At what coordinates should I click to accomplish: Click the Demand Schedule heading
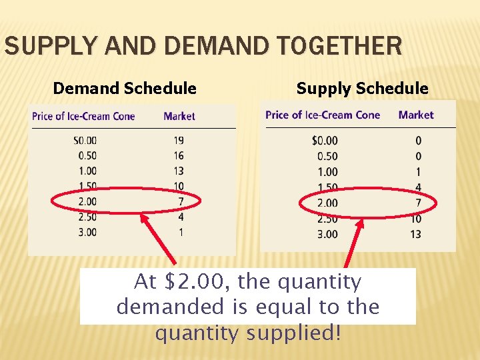click(x=125, y=88)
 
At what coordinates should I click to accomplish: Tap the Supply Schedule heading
click(x=362, y=88)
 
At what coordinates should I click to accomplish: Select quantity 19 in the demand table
click(x=178, y=141)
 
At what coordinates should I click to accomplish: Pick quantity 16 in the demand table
click(x=178, y=156)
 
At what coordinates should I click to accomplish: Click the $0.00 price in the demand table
click(x=85, y=141)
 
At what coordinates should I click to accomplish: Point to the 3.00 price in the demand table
click(x=87, y=232)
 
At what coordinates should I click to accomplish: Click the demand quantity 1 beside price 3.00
click(x=181, y=232)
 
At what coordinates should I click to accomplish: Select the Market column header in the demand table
click(x=179, y=116)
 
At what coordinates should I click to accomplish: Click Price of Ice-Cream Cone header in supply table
click(x=323, y=115)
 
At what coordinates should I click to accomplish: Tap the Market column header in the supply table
click(x=416, y=115)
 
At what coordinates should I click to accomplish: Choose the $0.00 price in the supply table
click(x=325, y=141)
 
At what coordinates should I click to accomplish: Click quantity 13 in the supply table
click(x=415, y=234)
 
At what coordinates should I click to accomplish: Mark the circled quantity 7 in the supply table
click(x=417, y=203)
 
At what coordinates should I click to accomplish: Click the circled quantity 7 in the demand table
click(x=181, y=201)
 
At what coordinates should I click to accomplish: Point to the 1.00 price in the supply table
click(x=327, y=172)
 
